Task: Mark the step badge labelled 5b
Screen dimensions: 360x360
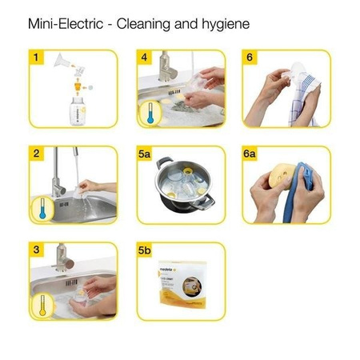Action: coord(146,250)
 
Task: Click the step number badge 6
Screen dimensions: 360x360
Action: coord(250,58)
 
